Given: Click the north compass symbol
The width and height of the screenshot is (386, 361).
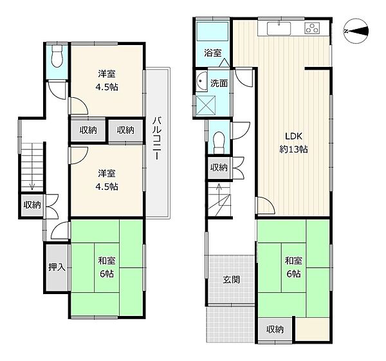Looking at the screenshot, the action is click(x=356, y=32).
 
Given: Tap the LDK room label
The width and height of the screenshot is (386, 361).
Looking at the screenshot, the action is click(x=293, y=136).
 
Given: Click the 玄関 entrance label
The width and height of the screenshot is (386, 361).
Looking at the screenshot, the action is click(x=231, y=279).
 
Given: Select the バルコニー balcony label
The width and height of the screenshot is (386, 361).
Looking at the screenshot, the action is click(x=157, y=138).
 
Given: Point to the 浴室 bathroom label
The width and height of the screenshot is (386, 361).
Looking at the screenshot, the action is click(x=213, y=53).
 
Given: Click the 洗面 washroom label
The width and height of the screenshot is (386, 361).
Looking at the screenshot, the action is click(x=219, y=83).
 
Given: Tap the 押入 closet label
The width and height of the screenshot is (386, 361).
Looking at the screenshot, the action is click(x=57, y=267).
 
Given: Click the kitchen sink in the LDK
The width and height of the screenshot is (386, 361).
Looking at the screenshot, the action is click(x=279, y=28).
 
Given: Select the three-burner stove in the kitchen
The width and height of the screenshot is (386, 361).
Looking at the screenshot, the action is click(x=313, y=28).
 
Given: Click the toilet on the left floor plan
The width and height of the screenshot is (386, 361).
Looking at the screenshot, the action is click(x=57, y=57).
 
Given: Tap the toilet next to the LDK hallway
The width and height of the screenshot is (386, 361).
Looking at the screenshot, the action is click(x=219, y=143).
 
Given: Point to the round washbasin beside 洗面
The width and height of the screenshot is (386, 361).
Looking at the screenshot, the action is click(x=202, y=81).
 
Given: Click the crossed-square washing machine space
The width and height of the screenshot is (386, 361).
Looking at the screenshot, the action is click(x=206, y=106).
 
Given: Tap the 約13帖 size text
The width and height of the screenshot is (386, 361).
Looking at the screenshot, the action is click(x=293, y=149).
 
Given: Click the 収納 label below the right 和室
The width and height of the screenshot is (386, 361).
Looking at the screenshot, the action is click(x=275, y=329).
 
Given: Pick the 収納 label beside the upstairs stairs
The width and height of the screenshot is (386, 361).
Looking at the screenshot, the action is click(x=32, y=205).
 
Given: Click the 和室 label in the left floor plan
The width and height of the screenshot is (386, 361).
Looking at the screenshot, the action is click(x=107, y=261).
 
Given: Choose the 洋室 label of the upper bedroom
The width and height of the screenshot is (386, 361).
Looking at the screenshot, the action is click(x=107, y=73).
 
